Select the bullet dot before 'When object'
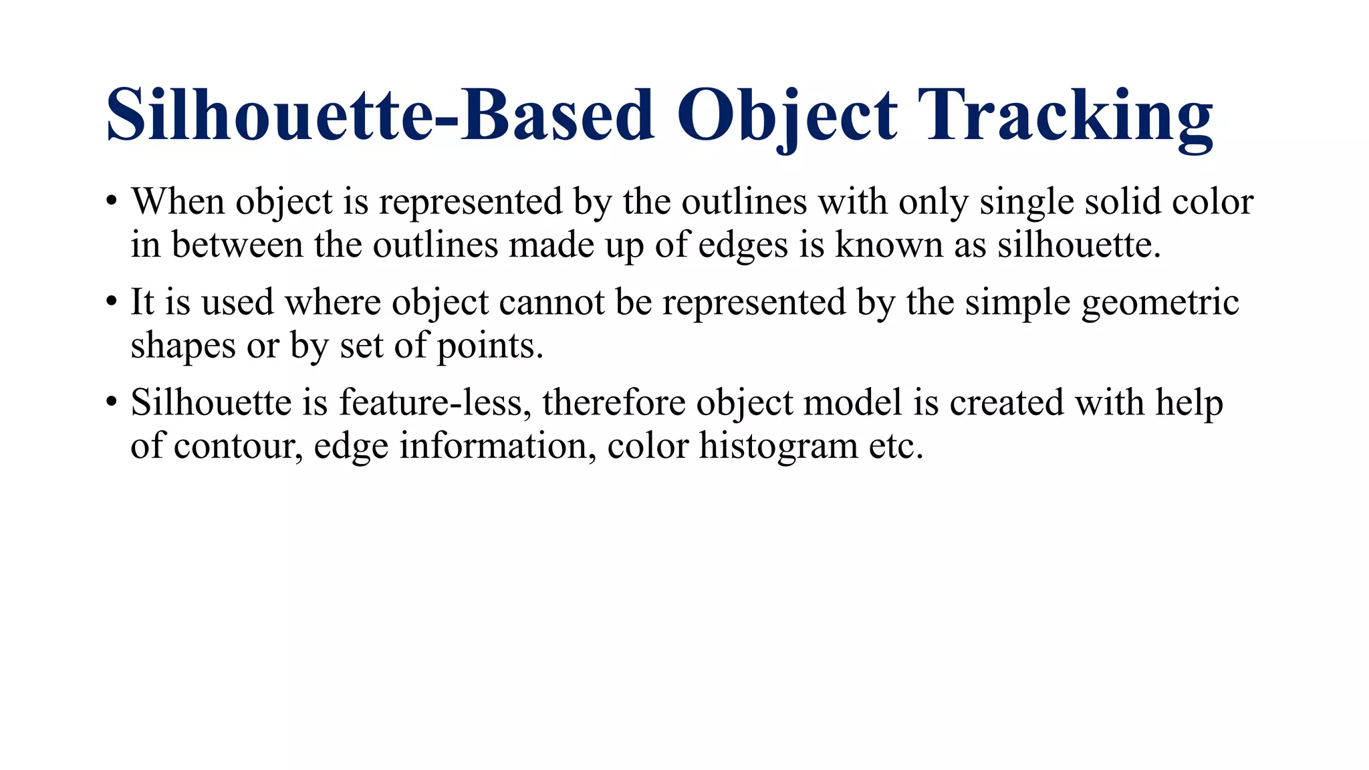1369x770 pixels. point(112,201)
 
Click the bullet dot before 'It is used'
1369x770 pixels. point(112,302)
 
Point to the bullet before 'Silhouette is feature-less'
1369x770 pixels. point(112,402)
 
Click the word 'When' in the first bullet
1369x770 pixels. point(177,201)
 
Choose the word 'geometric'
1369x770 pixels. point(1160,303)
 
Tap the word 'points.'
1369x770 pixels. point(490,347)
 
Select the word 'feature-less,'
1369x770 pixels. point(434,402)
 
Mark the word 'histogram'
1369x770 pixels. point(778,446)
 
